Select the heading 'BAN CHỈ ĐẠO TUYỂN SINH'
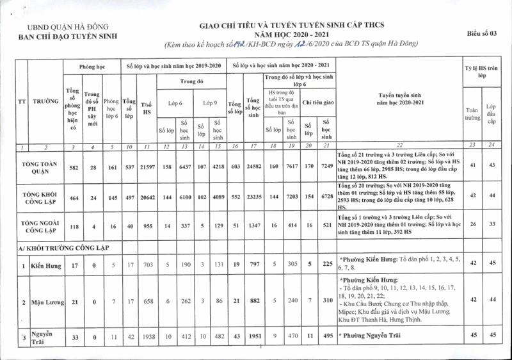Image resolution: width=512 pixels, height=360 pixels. click(68, 37)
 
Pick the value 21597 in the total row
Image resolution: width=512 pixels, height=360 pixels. click(147, 167)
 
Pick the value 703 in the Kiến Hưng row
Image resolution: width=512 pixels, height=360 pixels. click(147, 265)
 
